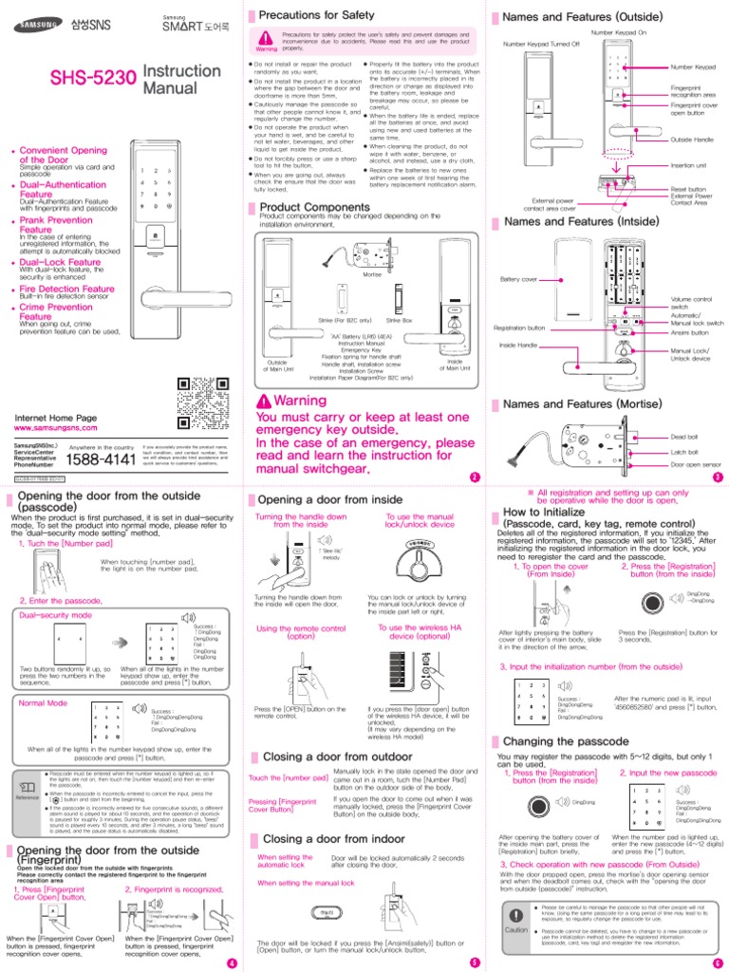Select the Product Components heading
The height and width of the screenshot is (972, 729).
click(315, 206)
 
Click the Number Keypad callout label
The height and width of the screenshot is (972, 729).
click(693, 67)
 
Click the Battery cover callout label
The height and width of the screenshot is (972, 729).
click(518, 280)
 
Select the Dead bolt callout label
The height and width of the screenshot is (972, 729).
click(683, 436)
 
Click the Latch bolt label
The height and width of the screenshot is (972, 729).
click(683, 451)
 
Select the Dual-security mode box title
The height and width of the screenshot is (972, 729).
click(55, 615)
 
